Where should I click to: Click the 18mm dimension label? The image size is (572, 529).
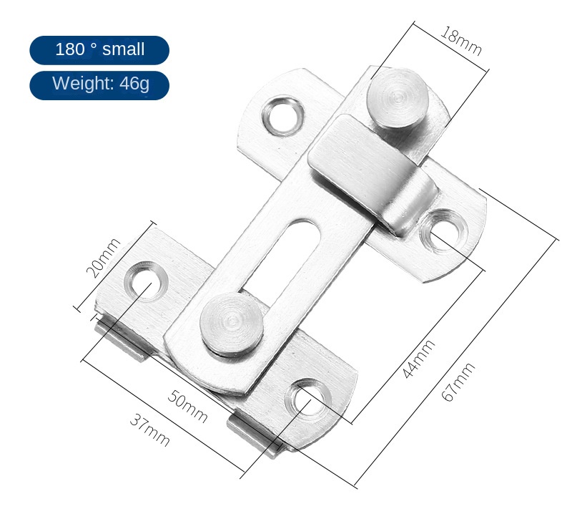pyautogui.click(x=461, y=42)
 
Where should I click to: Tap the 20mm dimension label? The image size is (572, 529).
pyautogui.click(x=103, y=258)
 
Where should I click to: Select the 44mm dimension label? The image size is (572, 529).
pyautogui.click(x=418, y=359)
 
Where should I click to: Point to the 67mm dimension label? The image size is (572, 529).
pyautogui.click(x=458, y=382)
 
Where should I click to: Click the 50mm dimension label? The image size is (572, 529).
pyautogui.click(x=188, y=407)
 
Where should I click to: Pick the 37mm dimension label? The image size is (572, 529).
pyautogui.click(x=150, y=430)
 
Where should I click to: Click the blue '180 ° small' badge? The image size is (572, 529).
pyautogui.click(x=99, y=50)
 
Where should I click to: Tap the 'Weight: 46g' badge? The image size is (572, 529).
pyautogui.click(x=99, y=85)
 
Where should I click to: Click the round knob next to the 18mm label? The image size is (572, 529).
pyautogui.click(x=398, y=97)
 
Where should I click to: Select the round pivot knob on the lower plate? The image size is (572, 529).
pyautogui.click(x=232, y=324)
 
